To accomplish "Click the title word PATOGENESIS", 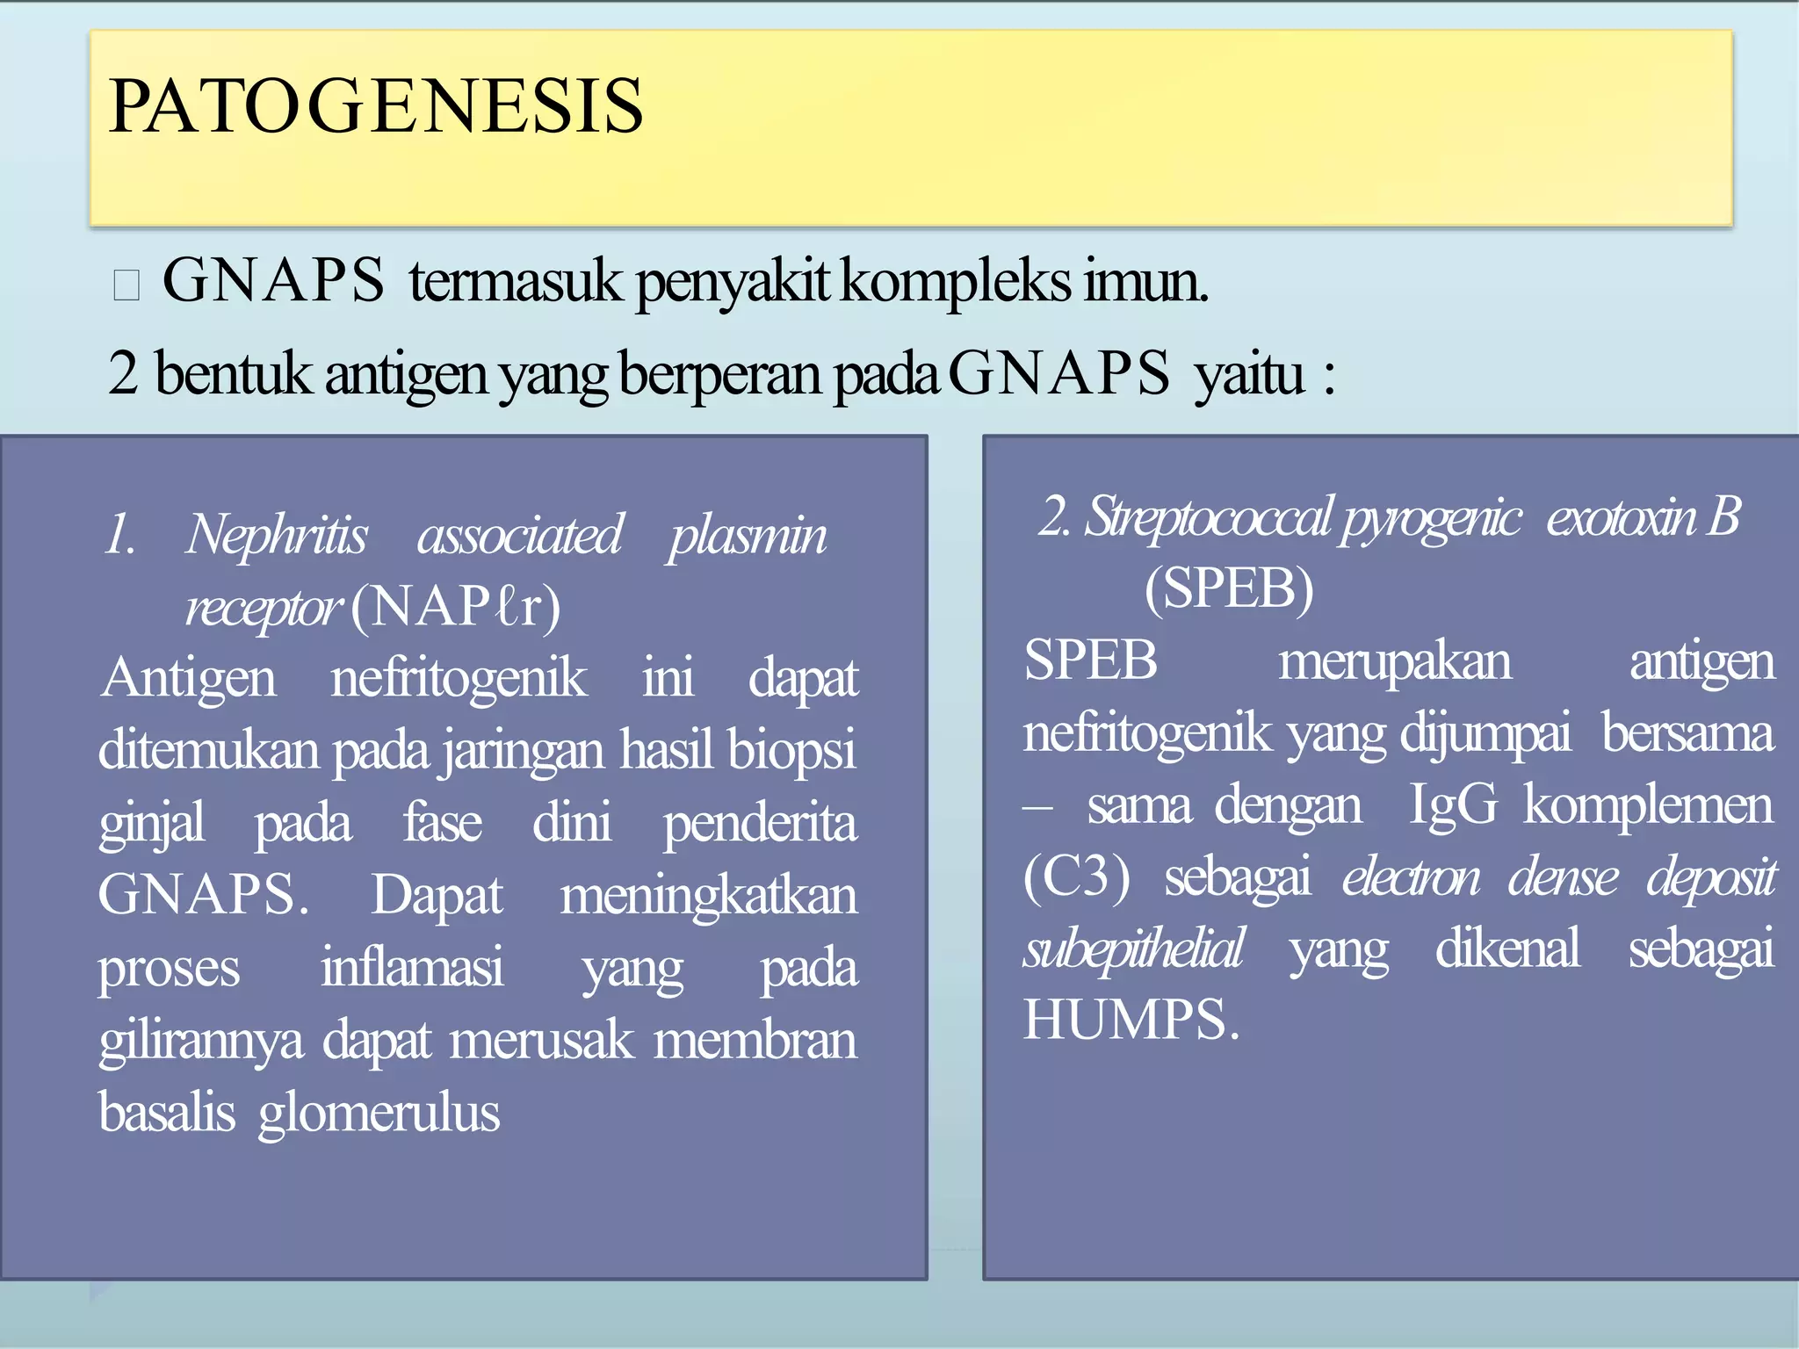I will (376, 106).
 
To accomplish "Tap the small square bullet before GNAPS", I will (126, 285).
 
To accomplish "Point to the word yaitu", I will (1248, 374).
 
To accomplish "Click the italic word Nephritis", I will (277, 535).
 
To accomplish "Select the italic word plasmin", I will (747, 535).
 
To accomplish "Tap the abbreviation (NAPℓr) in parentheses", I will (455, 607).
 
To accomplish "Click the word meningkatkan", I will (708, 896).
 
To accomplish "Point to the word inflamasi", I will (411, 968).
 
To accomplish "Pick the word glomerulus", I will (379, 1113).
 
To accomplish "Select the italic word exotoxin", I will (1621, 516).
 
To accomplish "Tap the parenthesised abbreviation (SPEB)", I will (1228, 588).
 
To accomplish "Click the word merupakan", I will (1394, 660).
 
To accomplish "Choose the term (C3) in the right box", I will (1077, 876).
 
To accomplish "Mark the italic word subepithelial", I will (1133, 949).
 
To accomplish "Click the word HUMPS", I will (1131, 1021).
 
